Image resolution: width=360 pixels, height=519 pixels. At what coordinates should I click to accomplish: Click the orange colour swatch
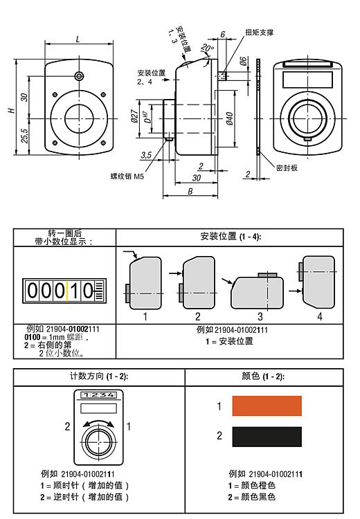pyautogui.click(x=267, y=406)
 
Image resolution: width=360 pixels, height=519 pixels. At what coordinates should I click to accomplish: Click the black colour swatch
pyautogui.click(x=267, y=437)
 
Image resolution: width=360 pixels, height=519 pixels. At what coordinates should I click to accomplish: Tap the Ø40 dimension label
pyautogui.click(x=230, y=118)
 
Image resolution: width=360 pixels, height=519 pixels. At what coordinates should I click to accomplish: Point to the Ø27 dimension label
pyautogui.click(x=134, y=116)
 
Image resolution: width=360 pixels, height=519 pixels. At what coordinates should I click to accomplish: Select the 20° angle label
pyautogui.click(x=207, y=48)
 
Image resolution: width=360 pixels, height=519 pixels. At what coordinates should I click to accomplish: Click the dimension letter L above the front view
pyautogui.click(x=78, y=39)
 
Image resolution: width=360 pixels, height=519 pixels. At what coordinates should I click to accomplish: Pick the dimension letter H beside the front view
pyautogui.click(x=12, y=110)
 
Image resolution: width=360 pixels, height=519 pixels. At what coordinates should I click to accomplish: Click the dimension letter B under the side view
pyautogui.click(x=190, y=191)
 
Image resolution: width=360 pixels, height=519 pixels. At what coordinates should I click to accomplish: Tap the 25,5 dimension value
pyautogui.click(x=24, y=136)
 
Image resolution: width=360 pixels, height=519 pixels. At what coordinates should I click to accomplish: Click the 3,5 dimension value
pyautogui.click(x=146, y=155)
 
